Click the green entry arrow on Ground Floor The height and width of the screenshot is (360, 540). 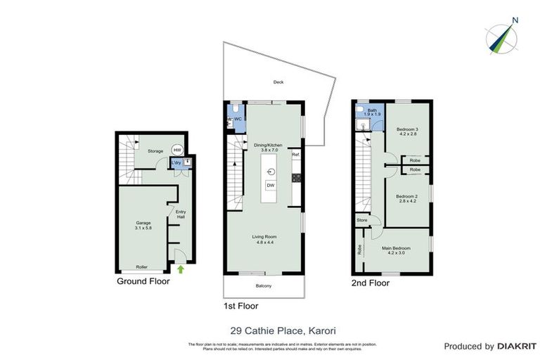181,269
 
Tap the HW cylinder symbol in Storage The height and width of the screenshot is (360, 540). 177,150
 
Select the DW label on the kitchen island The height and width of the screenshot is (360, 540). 270,185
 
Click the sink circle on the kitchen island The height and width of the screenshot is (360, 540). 270,171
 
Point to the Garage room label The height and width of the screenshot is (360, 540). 143,224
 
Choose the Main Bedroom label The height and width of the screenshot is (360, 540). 395,248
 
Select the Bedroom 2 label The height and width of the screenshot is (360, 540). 406,198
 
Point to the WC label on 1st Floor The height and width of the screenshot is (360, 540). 238,119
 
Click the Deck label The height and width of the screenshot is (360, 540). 278,82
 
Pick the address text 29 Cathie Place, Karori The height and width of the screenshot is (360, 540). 269,329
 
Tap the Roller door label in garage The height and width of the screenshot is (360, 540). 141,267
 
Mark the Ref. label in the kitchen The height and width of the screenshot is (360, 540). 296,154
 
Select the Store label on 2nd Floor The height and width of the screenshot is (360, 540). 362,220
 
